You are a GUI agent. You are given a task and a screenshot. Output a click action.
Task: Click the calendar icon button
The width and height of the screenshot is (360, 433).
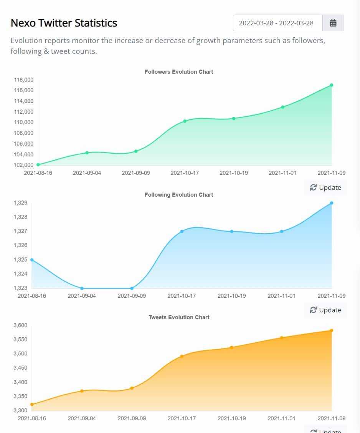333,23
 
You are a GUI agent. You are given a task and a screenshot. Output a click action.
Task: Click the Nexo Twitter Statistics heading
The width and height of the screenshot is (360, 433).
64,23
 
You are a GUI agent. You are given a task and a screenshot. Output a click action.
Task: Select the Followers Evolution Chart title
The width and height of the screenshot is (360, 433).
179,72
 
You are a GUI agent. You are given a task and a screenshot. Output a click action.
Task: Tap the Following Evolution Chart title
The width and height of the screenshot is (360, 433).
179,195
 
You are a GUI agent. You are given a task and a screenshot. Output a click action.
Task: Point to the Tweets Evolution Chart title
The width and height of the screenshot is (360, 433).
179,317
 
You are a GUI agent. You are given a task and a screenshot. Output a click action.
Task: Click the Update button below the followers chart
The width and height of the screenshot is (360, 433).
325,187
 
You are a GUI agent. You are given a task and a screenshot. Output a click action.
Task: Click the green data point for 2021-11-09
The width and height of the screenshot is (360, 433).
332,85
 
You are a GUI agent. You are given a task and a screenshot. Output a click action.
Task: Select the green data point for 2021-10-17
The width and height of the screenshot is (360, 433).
185,121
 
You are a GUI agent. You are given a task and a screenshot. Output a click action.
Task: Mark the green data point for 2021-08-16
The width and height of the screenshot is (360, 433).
38,165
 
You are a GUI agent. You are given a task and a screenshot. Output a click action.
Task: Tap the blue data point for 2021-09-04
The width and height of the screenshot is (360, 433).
82,288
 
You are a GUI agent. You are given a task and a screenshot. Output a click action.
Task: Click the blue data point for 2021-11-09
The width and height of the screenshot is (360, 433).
332,203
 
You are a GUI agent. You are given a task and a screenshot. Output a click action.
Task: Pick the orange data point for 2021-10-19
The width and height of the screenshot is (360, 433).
232,347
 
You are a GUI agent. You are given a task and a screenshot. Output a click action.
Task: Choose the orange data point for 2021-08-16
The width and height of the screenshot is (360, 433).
32,404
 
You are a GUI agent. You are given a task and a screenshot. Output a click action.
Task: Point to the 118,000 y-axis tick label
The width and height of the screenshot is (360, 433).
24,80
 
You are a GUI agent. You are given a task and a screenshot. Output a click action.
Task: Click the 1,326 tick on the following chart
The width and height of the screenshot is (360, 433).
20,246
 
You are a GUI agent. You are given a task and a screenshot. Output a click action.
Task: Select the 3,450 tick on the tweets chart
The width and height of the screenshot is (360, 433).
20,368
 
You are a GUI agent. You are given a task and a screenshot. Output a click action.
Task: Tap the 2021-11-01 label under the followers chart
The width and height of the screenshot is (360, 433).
282,173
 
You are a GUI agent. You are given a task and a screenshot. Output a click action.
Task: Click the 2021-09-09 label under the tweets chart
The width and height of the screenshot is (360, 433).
132,418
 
